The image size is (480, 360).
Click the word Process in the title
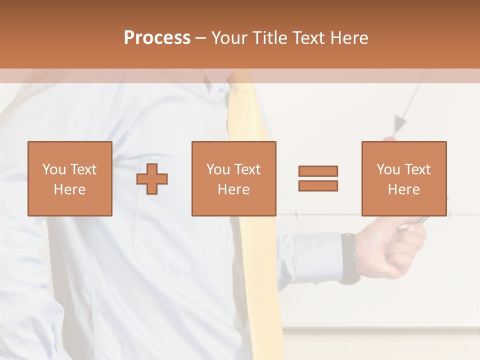157,38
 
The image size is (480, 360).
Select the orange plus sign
152,179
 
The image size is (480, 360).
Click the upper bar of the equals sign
318,171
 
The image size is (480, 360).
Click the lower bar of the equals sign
318,185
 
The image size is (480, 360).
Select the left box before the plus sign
69,178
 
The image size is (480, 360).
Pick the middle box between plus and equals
233,178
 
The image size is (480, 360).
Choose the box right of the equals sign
403,178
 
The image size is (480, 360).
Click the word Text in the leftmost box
83,169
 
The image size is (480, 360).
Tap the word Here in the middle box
233,189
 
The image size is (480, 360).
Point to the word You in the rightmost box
388,169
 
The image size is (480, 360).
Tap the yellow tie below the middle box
260,280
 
